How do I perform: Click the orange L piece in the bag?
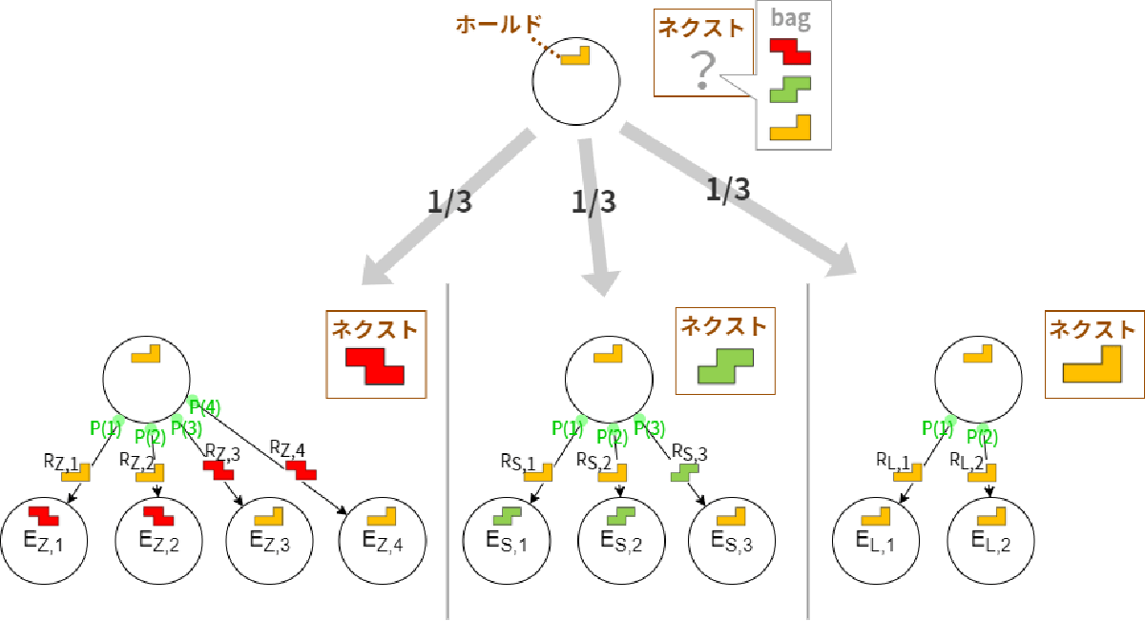[x=790, y=127]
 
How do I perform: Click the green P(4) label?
[x=203, y=408]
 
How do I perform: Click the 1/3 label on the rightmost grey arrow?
[x=728, y=190]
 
